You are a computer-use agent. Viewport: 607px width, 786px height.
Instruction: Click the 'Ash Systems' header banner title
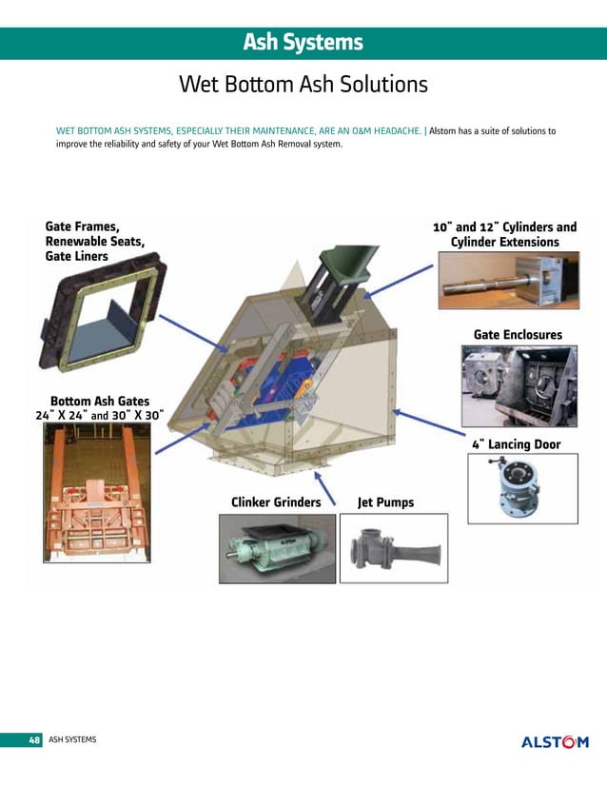303,42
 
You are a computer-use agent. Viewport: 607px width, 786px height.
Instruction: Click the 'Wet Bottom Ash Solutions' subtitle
303,84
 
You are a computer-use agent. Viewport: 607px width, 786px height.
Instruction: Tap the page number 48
34,740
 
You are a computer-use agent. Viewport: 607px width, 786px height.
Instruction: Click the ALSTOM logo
555,742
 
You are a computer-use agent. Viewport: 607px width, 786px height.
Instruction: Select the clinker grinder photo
277,548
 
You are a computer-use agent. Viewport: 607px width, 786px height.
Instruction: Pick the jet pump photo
394,548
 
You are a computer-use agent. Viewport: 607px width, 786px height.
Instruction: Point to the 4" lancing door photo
522,489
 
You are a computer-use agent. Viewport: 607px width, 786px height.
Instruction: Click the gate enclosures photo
519,386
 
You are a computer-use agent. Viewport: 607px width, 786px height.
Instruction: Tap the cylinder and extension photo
509,280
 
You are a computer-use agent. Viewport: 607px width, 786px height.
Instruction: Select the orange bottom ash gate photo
97,492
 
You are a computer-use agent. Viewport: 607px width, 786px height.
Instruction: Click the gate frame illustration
103,312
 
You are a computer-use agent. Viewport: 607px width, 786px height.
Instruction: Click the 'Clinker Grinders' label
276,502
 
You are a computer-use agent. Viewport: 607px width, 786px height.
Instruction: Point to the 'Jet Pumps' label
385,502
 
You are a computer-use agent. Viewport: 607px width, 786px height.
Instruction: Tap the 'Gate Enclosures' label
518,334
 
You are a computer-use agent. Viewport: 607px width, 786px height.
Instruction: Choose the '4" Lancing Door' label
517,444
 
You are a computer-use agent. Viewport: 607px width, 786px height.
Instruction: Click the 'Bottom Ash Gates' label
100,401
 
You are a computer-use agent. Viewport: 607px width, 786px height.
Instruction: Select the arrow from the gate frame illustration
193,333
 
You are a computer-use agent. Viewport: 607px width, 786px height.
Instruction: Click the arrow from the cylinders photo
398,282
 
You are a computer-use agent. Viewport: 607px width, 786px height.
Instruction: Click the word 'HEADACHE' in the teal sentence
397,130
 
